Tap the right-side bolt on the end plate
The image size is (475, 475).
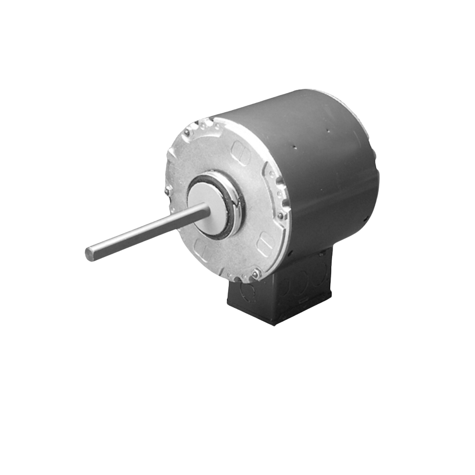click(280, 216)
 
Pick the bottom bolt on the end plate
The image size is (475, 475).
click(255, 273)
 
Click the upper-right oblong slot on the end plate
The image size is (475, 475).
click(238, 148)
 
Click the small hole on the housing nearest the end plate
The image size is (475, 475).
click(294, 147)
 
